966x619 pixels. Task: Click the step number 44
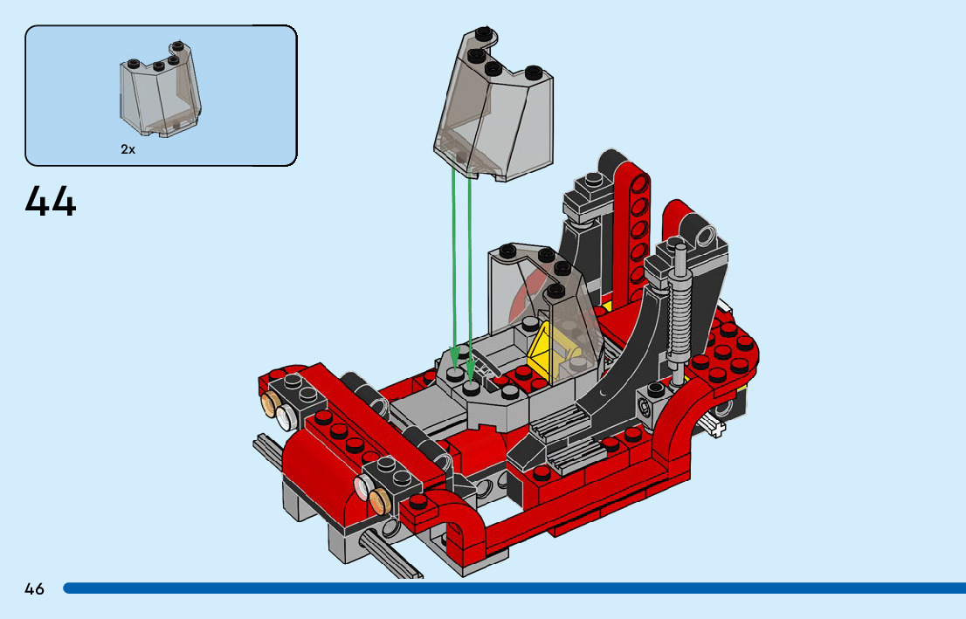[x=51, y=201]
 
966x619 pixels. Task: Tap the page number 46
[x=35, y=588]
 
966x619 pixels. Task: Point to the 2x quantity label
[x=128, y=149]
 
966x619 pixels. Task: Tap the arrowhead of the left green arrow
[x=455, y=357]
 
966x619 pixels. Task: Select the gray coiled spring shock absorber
[x=680, y=314]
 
